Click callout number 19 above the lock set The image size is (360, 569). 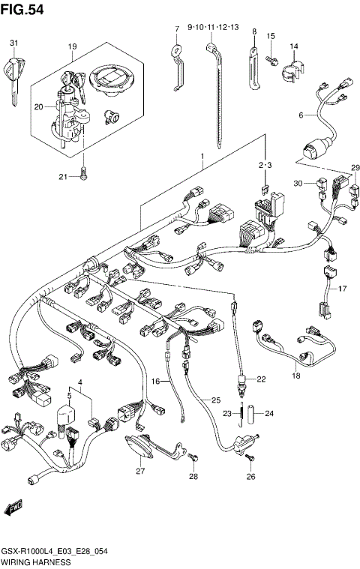(72, 47)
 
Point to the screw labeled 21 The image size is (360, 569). (84, 173)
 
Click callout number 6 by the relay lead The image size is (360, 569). (300, 115)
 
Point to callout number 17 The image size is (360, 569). (342, 289)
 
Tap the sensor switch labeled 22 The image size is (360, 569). (241, 382)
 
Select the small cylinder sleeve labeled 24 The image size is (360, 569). (254, 413)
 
